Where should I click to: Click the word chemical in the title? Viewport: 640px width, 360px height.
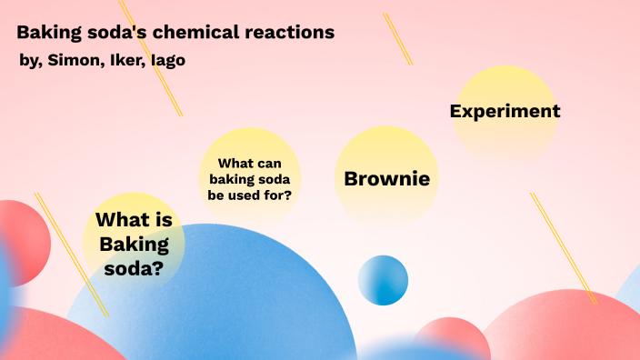[186, 34]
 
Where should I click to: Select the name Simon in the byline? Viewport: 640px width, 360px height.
[72, 60]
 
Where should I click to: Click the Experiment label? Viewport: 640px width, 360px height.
[505, 112]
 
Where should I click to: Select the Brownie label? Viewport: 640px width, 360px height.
[386, 178]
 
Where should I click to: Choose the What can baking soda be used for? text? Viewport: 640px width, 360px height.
[250, 178]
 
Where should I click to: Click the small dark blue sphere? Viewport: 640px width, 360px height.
[383, 280]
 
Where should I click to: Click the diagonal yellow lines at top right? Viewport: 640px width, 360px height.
[397, 38]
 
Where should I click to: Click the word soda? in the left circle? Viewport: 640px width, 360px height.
[134, 268]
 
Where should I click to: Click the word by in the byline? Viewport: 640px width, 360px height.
[28, 61]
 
